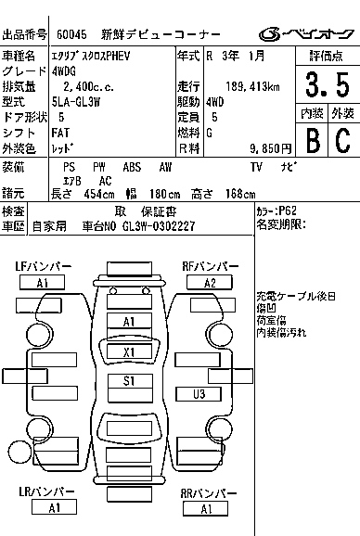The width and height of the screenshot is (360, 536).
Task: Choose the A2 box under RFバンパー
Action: (x=211, y=282)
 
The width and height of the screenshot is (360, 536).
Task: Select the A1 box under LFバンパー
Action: (x=43, y=282)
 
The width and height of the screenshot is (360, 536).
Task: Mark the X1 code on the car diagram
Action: (x=129, y=351)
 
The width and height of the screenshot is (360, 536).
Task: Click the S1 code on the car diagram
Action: (x=129, y=381)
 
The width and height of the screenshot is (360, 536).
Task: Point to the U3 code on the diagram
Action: (x=198, y=394)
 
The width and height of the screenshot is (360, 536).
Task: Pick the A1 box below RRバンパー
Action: (x=206, y=508)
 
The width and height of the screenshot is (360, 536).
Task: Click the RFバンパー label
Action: (x=212, y=267)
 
